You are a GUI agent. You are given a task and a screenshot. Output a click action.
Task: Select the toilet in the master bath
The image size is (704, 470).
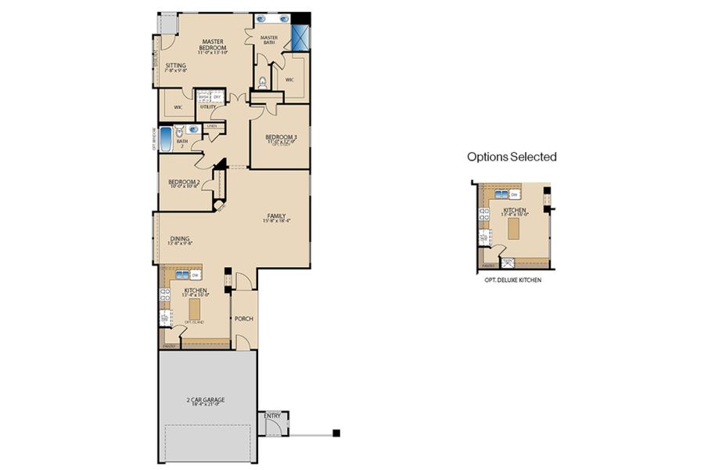click(263, 81)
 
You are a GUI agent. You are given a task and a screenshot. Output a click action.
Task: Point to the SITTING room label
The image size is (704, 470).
click(175, 67)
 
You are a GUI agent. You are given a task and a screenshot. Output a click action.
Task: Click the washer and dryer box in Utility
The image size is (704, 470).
click(209, 97)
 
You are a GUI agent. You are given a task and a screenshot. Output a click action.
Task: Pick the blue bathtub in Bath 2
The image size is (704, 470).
click(166, 139)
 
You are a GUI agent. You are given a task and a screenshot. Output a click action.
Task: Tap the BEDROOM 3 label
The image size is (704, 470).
click(282, 140)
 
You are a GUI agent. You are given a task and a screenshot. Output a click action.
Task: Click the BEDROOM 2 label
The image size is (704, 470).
click(185, 183)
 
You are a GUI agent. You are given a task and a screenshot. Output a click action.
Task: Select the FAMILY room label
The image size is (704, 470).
click(276, 218)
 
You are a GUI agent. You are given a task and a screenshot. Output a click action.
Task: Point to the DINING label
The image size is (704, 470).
click(179, 240)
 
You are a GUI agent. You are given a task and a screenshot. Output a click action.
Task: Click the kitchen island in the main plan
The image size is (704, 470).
click(195, 309)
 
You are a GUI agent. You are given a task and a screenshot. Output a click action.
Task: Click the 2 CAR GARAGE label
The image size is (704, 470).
click(207, 403)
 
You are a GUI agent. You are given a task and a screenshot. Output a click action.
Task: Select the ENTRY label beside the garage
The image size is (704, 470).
click(273, 416)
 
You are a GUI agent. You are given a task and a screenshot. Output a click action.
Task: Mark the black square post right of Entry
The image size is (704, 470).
click(336, 432)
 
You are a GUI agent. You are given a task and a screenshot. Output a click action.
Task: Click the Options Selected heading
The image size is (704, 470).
click(512, 157)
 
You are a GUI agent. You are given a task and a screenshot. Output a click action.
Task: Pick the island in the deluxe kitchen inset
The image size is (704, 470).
click(513, 228)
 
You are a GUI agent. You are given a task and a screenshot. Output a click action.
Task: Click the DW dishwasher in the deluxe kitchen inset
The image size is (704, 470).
click(515, 194)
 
